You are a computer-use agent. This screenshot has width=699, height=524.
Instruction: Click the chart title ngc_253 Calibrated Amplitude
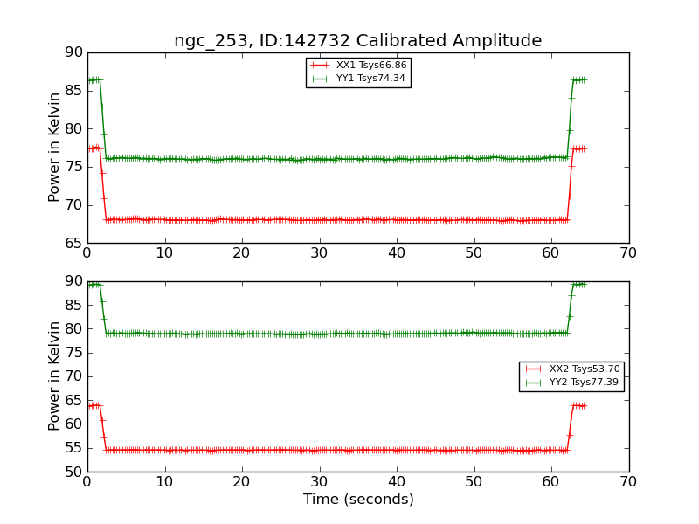coord(357,41)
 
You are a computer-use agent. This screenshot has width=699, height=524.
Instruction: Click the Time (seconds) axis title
coord(358,500)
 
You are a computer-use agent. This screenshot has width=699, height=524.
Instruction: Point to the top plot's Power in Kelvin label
coord(54,147)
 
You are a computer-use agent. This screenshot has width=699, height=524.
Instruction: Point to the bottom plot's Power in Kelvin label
coord(54,376)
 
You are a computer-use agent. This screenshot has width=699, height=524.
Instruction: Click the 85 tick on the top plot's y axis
coord(73,91)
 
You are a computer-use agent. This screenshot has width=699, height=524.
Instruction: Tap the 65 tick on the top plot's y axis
coord(73,243)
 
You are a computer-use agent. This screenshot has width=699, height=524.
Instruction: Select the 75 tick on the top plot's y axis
coord(73,167)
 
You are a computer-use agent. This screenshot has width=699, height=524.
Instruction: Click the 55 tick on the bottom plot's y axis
coord(73,448)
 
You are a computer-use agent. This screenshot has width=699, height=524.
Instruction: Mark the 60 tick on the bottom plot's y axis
coord(73,424)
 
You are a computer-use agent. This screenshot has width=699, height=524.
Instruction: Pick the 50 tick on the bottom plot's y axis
coord(73,472)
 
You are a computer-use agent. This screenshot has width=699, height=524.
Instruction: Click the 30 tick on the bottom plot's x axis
coord(319,482)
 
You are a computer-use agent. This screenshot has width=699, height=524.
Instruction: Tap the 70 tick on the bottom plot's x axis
coord(628,482)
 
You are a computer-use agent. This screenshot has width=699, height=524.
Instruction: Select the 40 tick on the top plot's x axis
coord(397,253)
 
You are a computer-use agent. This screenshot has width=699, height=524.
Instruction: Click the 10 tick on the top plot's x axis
coord(164,253)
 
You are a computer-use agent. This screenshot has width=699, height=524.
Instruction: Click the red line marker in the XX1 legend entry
coord(321,65)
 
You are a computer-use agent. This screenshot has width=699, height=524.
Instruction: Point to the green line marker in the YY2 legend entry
coord(534,383)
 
